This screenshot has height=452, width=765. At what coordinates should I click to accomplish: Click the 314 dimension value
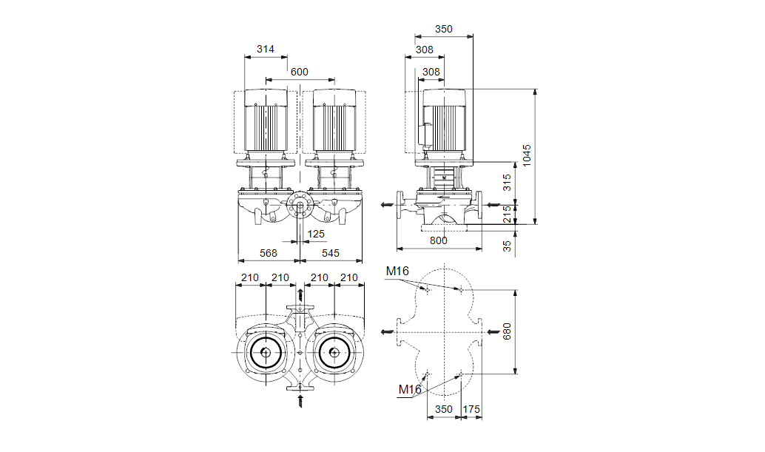coord(265,50)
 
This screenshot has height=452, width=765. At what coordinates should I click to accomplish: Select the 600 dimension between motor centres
coord(299,72)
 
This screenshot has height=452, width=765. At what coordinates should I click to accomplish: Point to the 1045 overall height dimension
coord(526,156)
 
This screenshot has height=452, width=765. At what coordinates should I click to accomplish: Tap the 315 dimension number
coord(508,182)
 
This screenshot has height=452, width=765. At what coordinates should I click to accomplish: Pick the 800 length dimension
coord(439,240)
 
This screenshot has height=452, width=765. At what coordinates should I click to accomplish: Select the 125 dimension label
coord(316,234)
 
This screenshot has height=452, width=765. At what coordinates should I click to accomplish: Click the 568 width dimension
coord(268,253)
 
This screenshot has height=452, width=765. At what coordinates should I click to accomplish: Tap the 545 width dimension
coord(330,253)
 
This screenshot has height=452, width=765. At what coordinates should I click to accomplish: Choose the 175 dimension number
coord(471,409)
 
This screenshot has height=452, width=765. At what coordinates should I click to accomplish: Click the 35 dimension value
coord(508,246)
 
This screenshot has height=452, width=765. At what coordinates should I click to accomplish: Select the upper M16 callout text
coord(397,271)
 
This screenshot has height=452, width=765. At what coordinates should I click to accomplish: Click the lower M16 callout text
coord(410,389)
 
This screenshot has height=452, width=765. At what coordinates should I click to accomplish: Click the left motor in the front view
coord(266,122)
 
